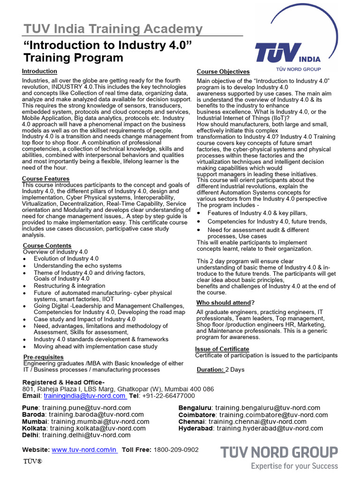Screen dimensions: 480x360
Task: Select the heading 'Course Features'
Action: click(46, 179)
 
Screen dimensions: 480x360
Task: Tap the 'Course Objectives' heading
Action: click(223, 72)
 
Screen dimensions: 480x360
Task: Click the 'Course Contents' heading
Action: click(47, 246)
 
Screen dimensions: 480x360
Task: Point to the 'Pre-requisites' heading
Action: click(43, 357)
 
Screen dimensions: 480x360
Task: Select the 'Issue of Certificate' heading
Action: click(222, 349)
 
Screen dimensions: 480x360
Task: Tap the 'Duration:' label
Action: click(210, 370)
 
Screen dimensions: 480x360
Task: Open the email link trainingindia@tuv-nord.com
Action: click(85, 396)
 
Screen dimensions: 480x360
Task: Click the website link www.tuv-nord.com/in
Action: click(84, 450)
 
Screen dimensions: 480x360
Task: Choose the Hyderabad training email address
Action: click(270, 428)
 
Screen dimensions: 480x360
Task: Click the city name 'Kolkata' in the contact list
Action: click(34, 428)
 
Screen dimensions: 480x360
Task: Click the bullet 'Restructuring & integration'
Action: click(69, 285)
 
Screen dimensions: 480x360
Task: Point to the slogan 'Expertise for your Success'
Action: click(294, 466)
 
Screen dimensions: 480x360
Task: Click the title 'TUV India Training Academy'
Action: click(113, 29)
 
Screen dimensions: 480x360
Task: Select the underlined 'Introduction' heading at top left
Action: click(39, 71)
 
